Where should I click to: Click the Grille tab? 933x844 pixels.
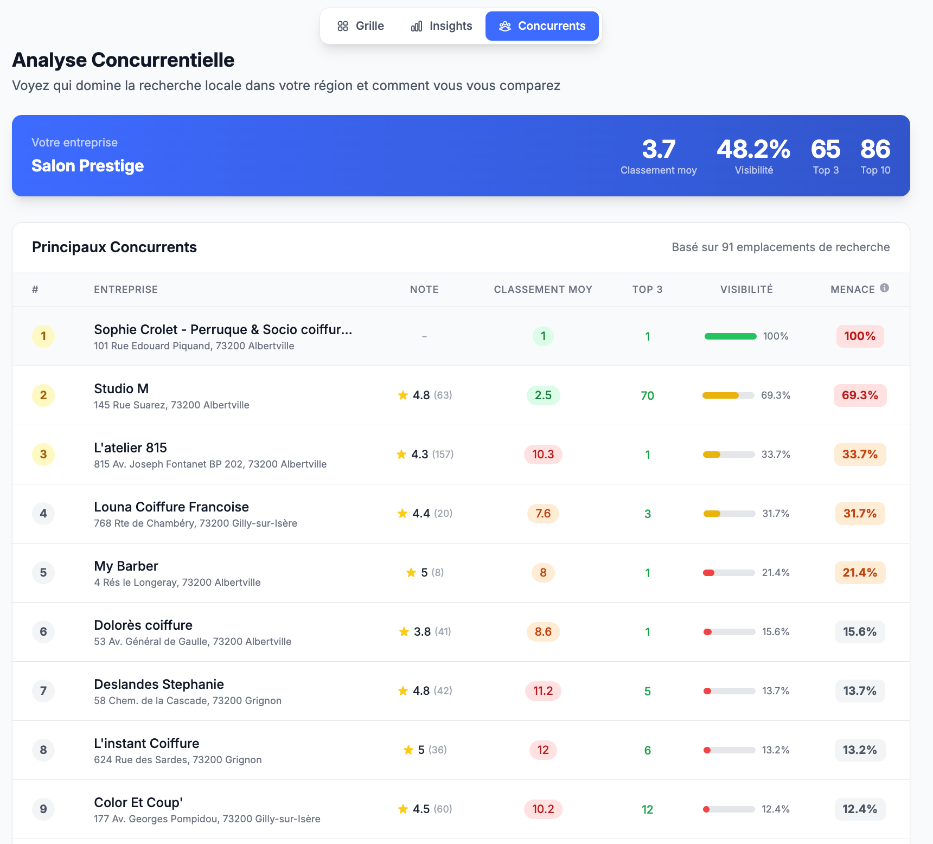[361, 26]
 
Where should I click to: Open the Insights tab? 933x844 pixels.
[442, 26]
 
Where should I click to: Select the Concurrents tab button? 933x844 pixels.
[542, 26]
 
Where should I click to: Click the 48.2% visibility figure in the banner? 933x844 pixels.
[753, 149]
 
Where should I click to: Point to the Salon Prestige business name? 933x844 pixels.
[88, 165]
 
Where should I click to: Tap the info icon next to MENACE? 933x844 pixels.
[884, 288]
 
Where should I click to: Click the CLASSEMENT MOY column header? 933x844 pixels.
[543, 290]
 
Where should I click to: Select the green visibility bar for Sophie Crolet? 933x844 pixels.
[730, 336]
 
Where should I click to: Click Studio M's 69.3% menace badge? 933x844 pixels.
[860, 395]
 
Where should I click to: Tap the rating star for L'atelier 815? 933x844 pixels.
[401, 454]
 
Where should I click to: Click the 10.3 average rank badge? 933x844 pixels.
[543, 455]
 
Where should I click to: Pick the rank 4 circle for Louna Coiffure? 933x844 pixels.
[43, 514]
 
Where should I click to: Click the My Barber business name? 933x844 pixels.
[126, 566]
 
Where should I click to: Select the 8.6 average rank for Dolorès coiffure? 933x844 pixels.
[543, 632]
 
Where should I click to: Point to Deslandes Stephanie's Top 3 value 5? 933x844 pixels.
[647, 691]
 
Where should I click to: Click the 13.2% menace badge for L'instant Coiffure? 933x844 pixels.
[860, 750]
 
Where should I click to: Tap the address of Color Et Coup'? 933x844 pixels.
[207, 819]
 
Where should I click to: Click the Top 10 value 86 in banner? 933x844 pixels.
[876, 149]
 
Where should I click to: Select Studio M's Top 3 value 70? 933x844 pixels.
[647, 395]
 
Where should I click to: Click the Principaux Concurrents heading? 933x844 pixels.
[114, 247]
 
